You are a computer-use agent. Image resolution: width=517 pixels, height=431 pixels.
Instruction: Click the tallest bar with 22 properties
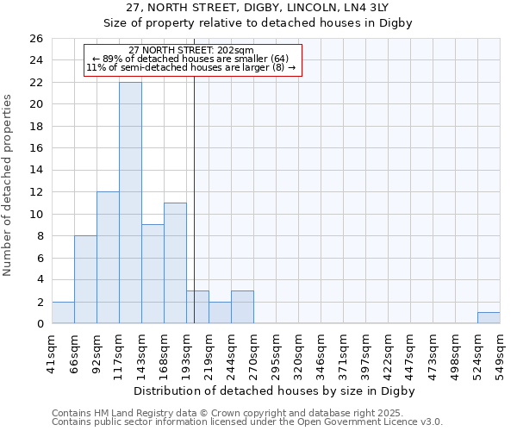point(130,203)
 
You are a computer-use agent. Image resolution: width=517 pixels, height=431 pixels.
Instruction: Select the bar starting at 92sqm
point(108,258)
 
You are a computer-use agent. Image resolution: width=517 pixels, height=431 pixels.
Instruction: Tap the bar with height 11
point(175,263)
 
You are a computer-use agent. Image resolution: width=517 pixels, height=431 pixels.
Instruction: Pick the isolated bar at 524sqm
point(489,318)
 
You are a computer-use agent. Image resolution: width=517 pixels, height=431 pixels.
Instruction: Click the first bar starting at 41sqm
point(63,313)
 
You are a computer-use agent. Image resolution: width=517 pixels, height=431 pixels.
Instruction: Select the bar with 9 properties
point(153,274)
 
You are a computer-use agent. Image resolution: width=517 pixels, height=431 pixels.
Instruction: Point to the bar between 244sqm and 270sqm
point(242,307)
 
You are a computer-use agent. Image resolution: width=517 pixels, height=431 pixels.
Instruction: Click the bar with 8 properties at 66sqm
point(85,279)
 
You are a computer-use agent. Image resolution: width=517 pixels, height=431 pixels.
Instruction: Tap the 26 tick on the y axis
point(35,39)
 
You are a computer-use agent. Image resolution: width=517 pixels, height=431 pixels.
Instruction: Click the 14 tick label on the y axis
point(35,171)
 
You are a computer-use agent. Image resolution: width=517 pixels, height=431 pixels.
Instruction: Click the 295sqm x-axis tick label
point(276,354)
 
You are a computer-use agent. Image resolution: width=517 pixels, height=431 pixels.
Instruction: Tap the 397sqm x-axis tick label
point(365,354)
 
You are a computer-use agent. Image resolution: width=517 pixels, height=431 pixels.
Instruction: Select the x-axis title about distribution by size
point(275,391)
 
